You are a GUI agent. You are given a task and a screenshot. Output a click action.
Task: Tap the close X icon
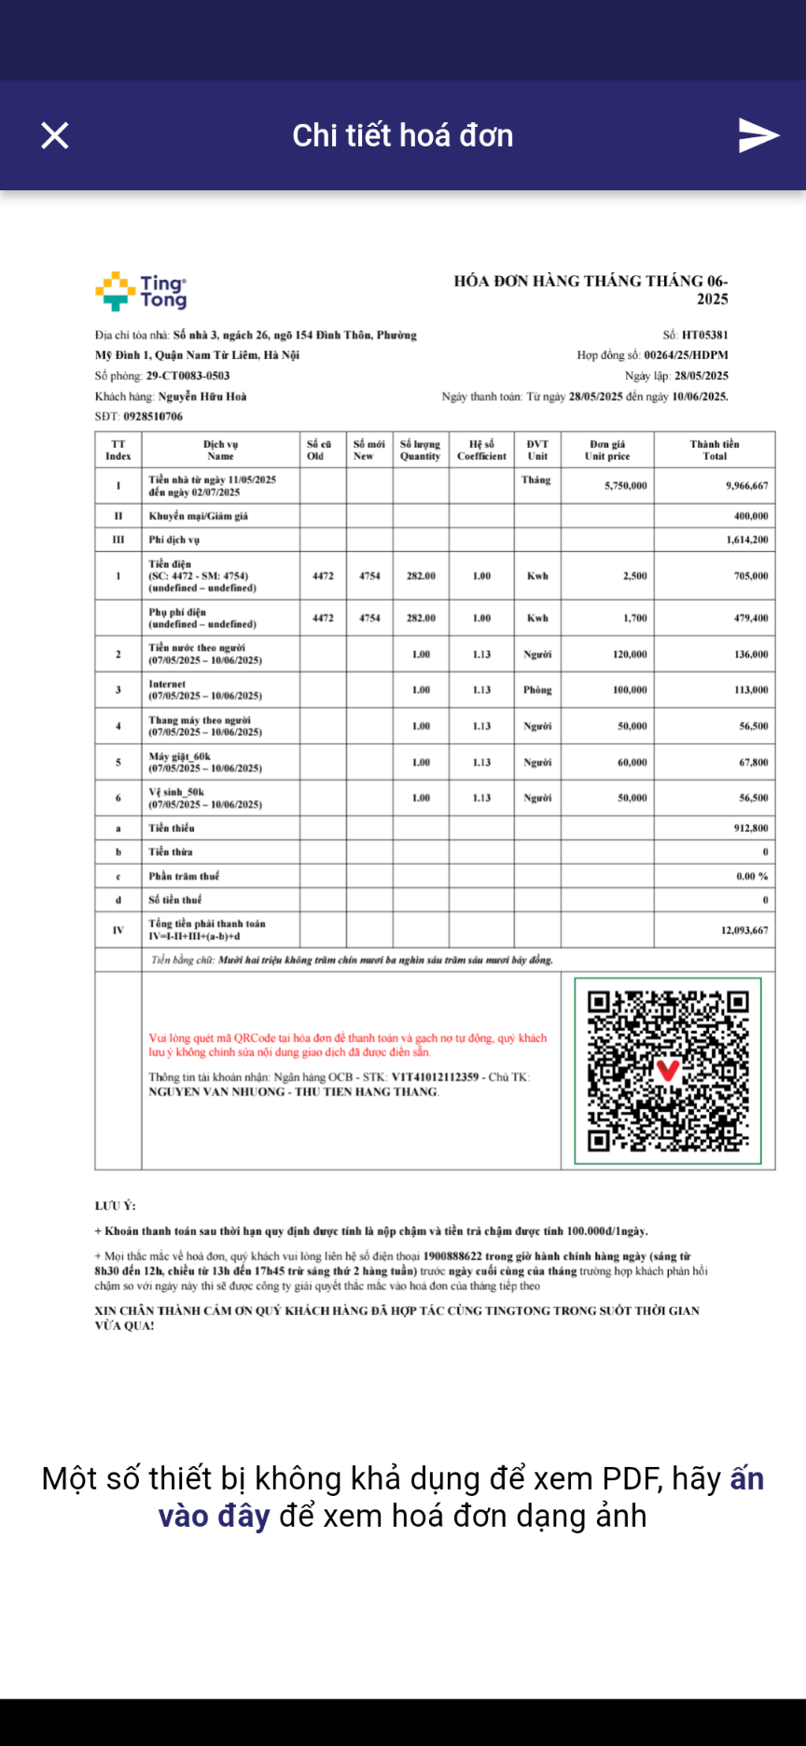[55, 135]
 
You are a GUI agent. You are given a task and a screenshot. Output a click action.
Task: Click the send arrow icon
[757, 135]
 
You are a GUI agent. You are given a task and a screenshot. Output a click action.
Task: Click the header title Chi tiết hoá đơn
[403, 135]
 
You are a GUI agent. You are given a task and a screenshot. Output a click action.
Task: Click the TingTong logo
[141, 291]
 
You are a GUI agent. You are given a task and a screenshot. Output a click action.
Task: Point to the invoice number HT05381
[704, 335]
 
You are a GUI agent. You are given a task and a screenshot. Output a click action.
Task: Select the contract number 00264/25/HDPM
[686, 355]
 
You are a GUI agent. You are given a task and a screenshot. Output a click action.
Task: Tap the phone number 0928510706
[153, 417]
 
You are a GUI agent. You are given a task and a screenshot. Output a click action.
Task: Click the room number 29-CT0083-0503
[188, 376]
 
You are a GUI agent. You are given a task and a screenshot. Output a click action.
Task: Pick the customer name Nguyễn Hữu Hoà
[202, 396]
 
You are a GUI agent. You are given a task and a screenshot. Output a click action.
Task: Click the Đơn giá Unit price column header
[607, 450]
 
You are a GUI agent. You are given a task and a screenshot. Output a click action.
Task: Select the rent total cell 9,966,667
[746, 486]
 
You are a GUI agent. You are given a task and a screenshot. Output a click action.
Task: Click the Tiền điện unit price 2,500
[634, 576]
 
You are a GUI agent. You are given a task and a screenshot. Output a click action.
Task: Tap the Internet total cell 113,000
[751, 690]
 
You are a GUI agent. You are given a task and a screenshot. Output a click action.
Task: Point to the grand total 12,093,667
[743, 930]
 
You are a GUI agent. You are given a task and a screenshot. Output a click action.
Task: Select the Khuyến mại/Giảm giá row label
[199, 516]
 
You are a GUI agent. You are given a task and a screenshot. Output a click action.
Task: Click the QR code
[667, 1071]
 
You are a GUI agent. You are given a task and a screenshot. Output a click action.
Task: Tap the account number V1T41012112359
[435, 1077]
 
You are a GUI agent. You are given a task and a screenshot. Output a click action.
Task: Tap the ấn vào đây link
[214, 1516]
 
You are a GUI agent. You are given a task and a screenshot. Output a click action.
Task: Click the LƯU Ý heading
[115, 1206]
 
